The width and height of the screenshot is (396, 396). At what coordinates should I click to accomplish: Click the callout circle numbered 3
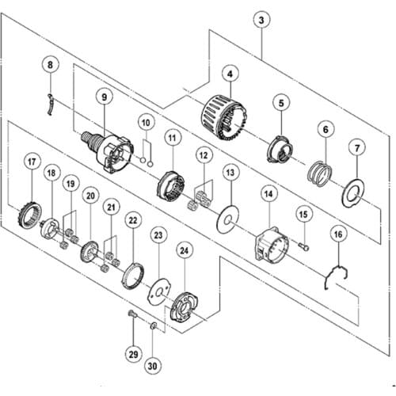click(x=261, y=21)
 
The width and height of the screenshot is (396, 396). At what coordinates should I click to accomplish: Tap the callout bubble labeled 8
click(x=51, y=65)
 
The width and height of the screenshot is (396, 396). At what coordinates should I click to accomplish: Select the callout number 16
click(x=338, y=234)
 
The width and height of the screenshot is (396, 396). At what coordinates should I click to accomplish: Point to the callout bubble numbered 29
click(x=134, y=354)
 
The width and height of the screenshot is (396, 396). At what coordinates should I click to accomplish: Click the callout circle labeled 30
click(x=152, y=366)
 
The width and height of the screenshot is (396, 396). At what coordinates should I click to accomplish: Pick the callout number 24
click(x=184, y=250)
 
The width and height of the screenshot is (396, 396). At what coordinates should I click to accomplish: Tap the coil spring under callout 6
click(x=320, y=174)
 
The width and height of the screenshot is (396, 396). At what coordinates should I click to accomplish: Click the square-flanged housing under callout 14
click(x=271, y=246)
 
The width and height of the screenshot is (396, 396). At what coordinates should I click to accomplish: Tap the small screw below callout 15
click(x=303, y=247)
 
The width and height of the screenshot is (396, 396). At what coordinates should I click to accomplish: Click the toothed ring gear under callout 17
click(x=29, y=216)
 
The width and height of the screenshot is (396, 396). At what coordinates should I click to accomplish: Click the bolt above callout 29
click(x=132, y=314)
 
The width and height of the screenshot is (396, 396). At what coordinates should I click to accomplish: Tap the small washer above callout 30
click(x=154, y=326)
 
